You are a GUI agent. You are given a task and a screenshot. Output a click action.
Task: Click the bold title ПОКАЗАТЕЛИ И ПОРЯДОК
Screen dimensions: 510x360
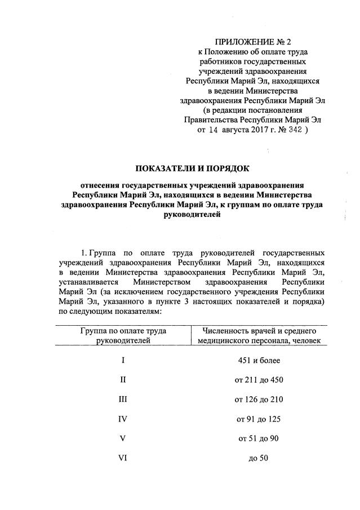pyautogui.click(x=192, y=168)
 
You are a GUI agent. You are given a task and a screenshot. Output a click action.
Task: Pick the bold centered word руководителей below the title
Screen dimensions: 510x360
pyautogui.click(x=192, y=214)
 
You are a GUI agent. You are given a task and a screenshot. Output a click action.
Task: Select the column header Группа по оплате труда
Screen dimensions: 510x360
pyautogui.click(x=123, y=331)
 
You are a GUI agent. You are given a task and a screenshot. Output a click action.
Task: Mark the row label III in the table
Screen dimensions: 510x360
pyautogui.click(x=123, y=399)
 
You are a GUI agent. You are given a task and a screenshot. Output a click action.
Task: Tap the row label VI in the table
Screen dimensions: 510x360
pyautogui.click(x=123, y=457)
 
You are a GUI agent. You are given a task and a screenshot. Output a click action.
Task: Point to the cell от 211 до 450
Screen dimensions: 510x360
pyautogui.click(x=259, y=380)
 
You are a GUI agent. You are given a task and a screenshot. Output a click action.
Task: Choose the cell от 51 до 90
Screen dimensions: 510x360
pyautogui.click(x=259, y=438)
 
